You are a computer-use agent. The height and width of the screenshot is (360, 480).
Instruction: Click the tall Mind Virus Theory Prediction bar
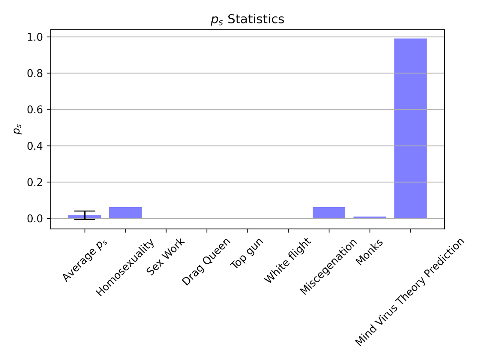[410, 129]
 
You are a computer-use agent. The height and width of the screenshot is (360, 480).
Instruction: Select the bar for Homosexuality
[125, 213]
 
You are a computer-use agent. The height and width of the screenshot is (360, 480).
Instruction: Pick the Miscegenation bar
[329, 213]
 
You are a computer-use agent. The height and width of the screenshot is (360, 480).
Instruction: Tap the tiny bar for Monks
[370, 217]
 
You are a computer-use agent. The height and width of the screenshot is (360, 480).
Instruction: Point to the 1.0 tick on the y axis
[35, 37]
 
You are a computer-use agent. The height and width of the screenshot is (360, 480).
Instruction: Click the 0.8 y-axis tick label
[35, 73]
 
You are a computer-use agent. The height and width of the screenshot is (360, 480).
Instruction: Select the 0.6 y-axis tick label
[35, 110]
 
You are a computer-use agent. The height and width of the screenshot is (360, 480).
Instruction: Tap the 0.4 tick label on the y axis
[35, 146]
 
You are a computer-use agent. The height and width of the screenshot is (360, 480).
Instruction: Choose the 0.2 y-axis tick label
[35, 182]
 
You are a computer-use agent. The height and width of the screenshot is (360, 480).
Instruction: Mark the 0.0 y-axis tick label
[35, 219]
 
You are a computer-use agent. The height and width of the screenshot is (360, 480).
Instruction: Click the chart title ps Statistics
[247, 19]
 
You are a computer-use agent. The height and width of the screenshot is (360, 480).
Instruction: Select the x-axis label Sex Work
[165, 257]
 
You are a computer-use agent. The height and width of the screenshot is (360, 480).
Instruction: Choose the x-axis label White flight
[287, 260]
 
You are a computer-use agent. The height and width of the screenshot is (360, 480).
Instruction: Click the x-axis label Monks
[369, 252]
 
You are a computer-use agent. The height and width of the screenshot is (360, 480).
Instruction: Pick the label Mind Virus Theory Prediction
[409, 292]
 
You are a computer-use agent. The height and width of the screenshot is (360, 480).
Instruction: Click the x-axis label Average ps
[85, 260]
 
